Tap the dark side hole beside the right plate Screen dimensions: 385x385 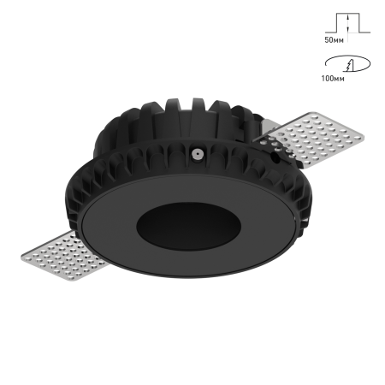[275, 157]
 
